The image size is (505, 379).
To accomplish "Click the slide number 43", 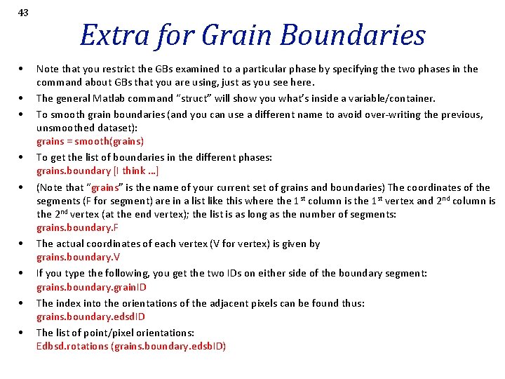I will [x=24, y=13].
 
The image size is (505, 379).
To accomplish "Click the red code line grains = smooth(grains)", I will [x=90, y=141].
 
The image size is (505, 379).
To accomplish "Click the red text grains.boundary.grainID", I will [x=91, y=287].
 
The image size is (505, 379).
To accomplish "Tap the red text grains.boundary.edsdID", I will [x=90, y=317].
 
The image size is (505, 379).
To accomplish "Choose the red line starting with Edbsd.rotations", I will [x=131, y=346].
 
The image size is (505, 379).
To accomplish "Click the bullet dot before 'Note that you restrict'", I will [x=24, y=69].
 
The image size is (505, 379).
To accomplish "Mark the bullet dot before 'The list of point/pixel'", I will [x=24, y=333].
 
